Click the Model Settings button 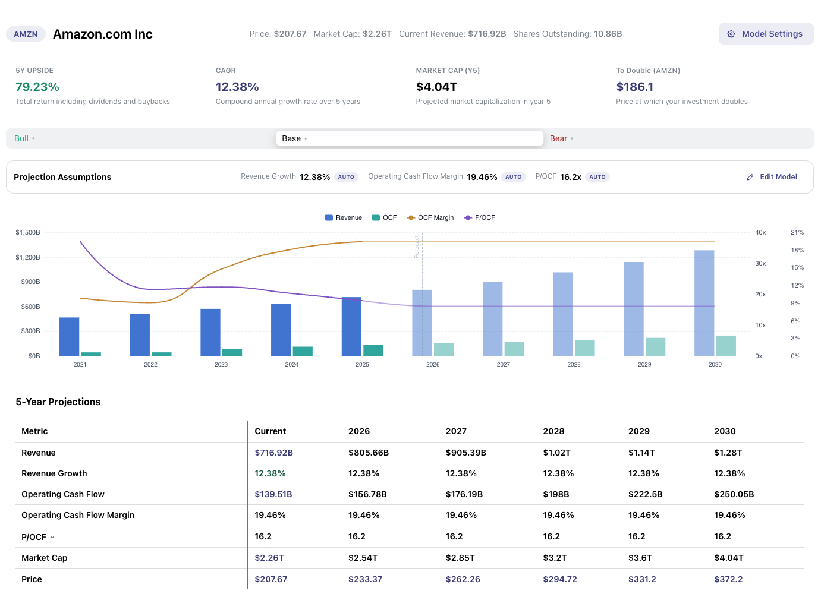tap(766, 34)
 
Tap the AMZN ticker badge tap(26, 34)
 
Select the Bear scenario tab tap(558, 138)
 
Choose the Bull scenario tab tap(21, 138)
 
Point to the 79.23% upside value tap(37, 87)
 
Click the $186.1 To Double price tap(634, 87)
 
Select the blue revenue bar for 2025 tap(351, 327)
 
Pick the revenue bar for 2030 tap(704, 303)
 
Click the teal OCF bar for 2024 tap(303, 351)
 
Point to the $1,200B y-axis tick tap(28, 257)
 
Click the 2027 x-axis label tap(503, 364)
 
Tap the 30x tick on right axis tap(760, 263)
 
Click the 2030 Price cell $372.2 tap(728, 579)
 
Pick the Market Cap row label tap(45, 558)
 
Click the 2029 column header tap(638, 431)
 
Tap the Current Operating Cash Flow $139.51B tap(273, 494)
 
